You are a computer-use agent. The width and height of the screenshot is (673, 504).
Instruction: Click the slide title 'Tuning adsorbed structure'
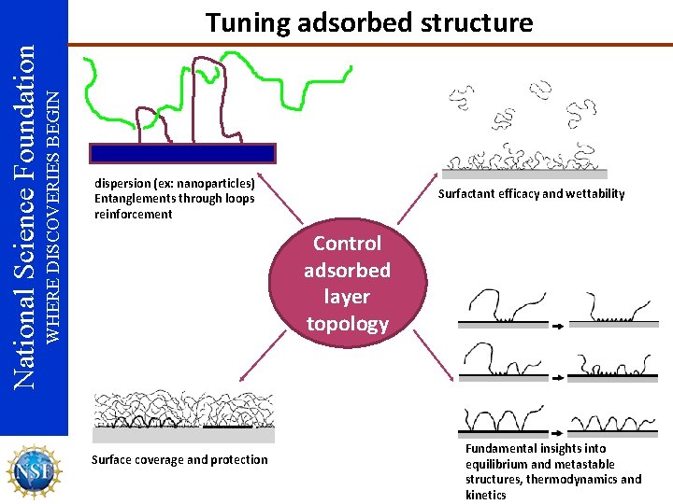pos(369,22)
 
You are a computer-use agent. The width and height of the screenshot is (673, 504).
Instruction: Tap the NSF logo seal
pos(34,470)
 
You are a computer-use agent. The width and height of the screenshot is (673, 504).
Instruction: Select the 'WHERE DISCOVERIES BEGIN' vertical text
pos(54,216)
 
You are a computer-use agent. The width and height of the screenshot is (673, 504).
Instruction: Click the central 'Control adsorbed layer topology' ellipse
pos(347,283)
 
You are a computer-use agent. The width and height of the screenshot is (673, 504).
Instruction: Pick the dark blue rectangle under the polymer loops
pos(182,153)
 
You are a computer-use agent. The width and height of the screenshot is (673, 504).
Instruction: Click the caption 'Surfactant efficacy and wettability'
pos(531,194)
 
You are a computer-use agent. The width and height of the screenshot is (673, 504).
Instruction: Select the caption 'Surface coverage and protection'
pos(179,459)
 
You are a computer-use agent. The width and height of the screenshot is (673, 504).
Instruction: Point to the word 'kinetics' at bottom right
pos(485,495)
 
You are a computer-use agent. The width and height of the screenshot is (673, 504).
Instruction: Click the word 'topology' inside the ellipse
pos(347,324)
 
